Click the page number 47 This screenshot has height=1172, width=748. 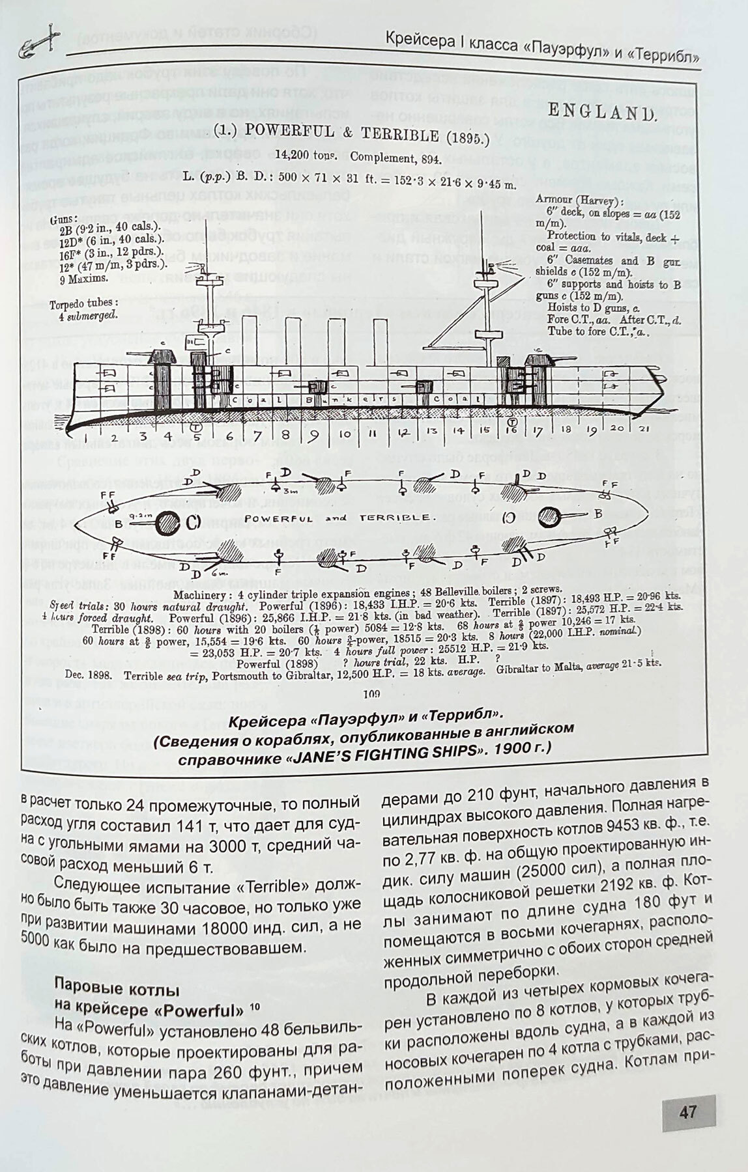pos(688,1111)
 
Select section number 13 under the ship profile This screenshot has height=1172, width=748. pos(431,430)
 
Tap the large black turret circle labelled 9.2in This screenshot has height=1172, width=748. pos(169,522)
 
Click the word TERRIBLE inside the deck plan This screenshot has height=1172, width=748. pos(394,517)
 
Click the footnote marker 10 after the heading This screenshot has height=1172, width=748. pos(254,1006)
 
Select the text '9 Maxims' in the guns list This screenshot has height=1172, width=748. pos(82,278)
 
